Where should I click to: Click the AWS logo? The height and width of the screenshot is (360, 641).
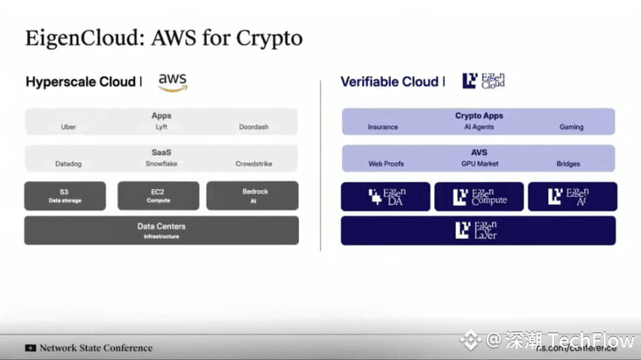coord(173,81)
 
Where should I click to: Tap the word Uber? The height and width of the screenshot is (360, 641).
coord(69,127)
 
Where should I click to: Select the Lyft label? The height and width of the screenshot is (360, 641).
coord(161,127)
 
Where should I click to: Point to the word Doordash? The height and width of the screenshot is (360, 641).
coord(254,127)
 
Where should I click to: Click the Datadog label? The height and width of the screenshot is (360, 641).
coord(69,164)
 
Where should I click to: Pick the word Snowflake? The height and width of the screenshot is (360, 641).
coord(161,164)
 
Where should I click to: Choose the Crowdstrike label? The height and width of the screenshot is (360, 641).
coord(253,164)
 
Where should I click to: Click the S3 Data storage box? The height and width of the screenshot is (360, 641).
coord(64,195)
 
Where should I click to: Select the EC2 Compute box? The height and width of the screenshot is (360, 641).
coord(158,195)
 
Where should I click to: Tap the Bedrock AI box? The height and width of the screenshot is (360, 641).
coord(252,195)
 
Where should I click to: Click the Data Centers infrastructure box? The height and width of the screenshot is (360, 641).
coord(161,229)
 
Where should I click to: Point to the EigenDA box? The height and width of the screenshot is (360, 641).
coord(385,197)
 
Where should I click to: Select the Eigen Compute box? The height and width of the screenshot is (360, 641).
coord(479,197)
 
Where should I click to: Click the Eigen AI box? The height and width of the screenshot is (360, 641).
coord(572,197)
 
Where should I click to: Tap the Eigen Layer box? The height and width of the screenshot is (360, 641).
coord(478,230)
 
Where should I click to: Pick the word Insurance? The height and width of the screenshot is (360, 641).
coord(383,127)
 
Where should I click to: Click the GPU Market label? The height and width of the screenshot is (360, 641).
coord(478,164)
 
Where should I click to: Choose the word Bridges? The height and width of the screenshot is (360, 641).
coord(568,164)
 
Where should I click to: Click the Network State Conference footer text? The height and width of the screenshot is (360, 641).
coord(96,347)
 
